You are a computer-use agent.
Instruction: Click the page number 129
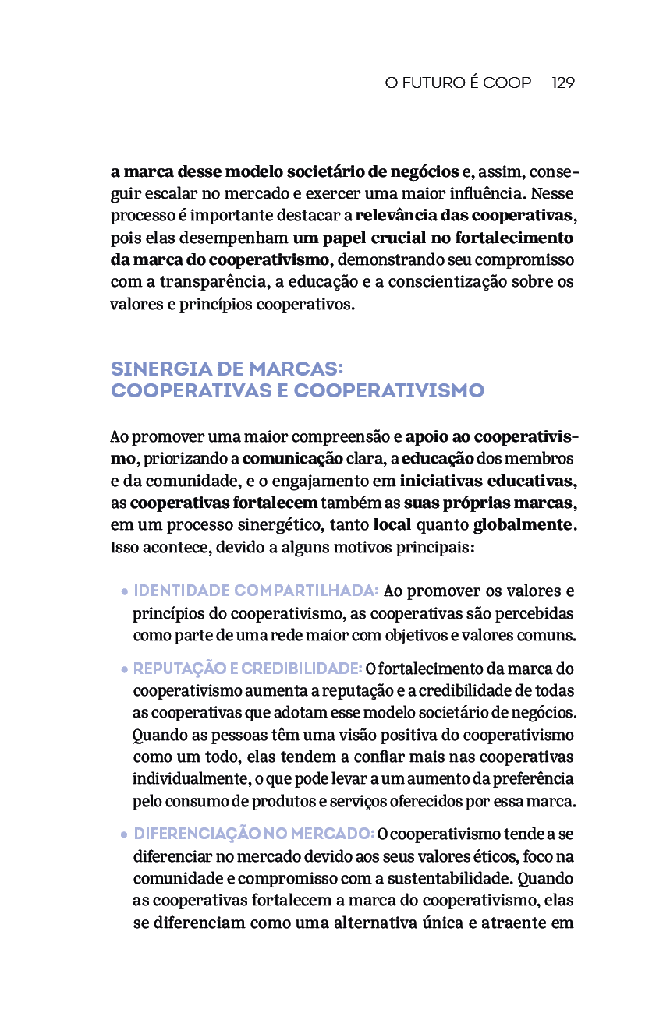(x=563, y=83)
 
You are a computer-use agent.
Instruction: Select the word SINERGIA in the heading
(x=165, y=368)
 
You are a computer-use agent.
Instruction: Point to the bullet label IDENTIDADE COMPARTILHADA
(x=256, y=591)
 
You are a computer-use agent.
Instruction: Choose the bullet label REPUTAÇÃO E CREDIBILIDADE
(x=247, y=669)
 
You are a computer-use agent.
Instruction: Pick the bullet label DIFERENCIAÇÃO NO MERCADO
(x=254, y=834)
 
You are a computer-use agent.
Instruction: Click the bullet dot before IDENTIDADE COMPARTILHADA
(x=125, y=592)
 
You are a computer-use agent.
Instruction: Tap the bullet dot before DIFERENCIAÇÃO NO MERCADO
(x=125, y=835)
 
